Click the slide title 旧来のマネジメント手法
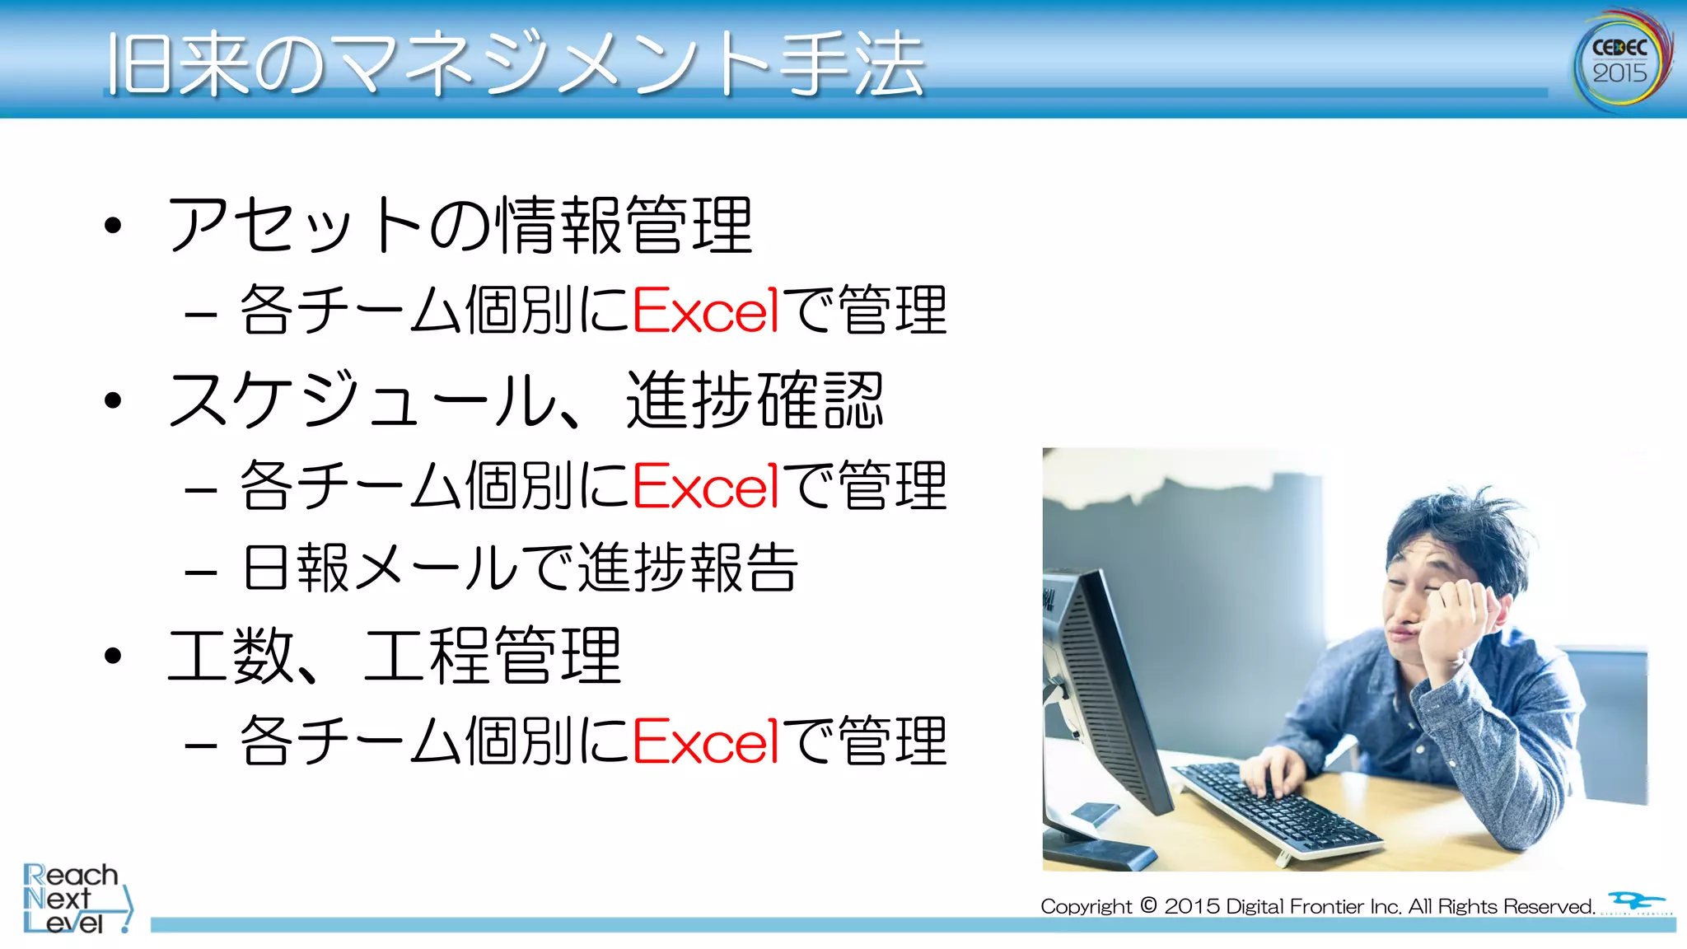516,64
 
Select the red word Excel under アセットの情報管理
705,311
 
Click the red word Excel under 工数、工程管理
705,741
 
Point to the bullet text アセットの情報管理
460,225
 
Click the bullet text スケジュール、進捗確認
526,400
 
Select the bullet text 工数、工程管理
394,656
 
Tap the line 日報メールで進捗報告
521,568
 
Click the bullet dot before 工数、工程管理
113,657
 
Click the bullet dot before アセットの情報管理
113,226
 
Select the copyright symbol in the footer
1148,905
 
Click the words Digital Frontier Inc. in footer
1313,906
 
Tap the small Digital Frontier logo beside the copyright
1635,902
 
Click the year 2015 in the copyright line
1191,906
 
